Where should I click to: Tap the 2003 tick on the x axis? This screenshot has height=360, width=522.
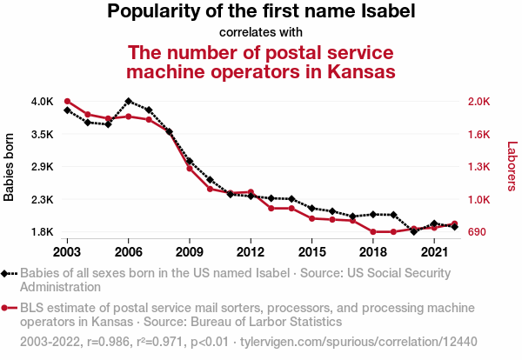click(67, 251)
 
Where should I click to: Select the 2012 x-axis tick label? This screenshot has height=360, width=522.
click(251, 251)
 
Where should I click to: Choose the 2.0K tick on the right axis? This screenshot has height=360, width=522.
click(479, 102)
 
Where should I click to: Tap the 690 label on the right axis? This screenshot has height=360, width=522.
click(477, 232)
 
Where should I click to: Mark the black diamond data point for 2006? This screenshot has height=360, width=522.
click(128, 102)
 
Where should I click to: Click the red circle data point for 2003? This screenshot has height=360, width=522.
click(67, 102)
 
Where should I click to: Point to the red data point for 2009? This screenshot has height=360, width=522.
click(189, 168)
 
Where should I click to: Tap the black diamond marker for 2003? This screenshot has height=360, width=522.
click(67, 110)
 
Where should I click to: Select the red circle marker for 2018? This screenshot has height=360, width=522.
click(372, 232)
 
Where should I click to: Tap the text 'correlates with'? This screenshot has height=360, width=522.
click(261, 32)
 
